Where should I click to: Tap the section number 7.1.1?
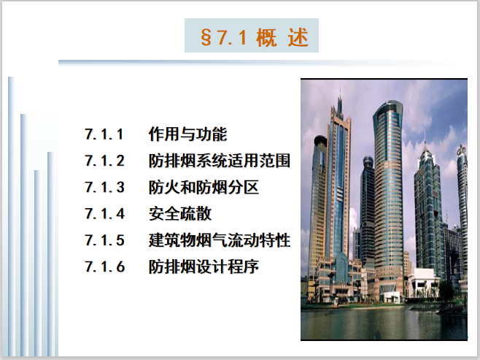coord(105,134)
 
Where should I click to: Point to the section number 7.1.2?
coord(105,161)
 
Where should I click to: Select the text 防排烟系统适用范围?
coord(220,161)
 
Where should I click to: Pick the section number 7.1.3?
coord(105,188)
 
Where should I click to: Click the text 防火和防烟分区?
coord(204,188)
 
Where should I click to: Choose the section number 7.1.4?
coord(105,214)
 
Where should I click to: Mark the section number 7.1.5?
coord(105,240)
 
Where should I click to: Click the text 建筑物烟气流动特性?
coord(220,240)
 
